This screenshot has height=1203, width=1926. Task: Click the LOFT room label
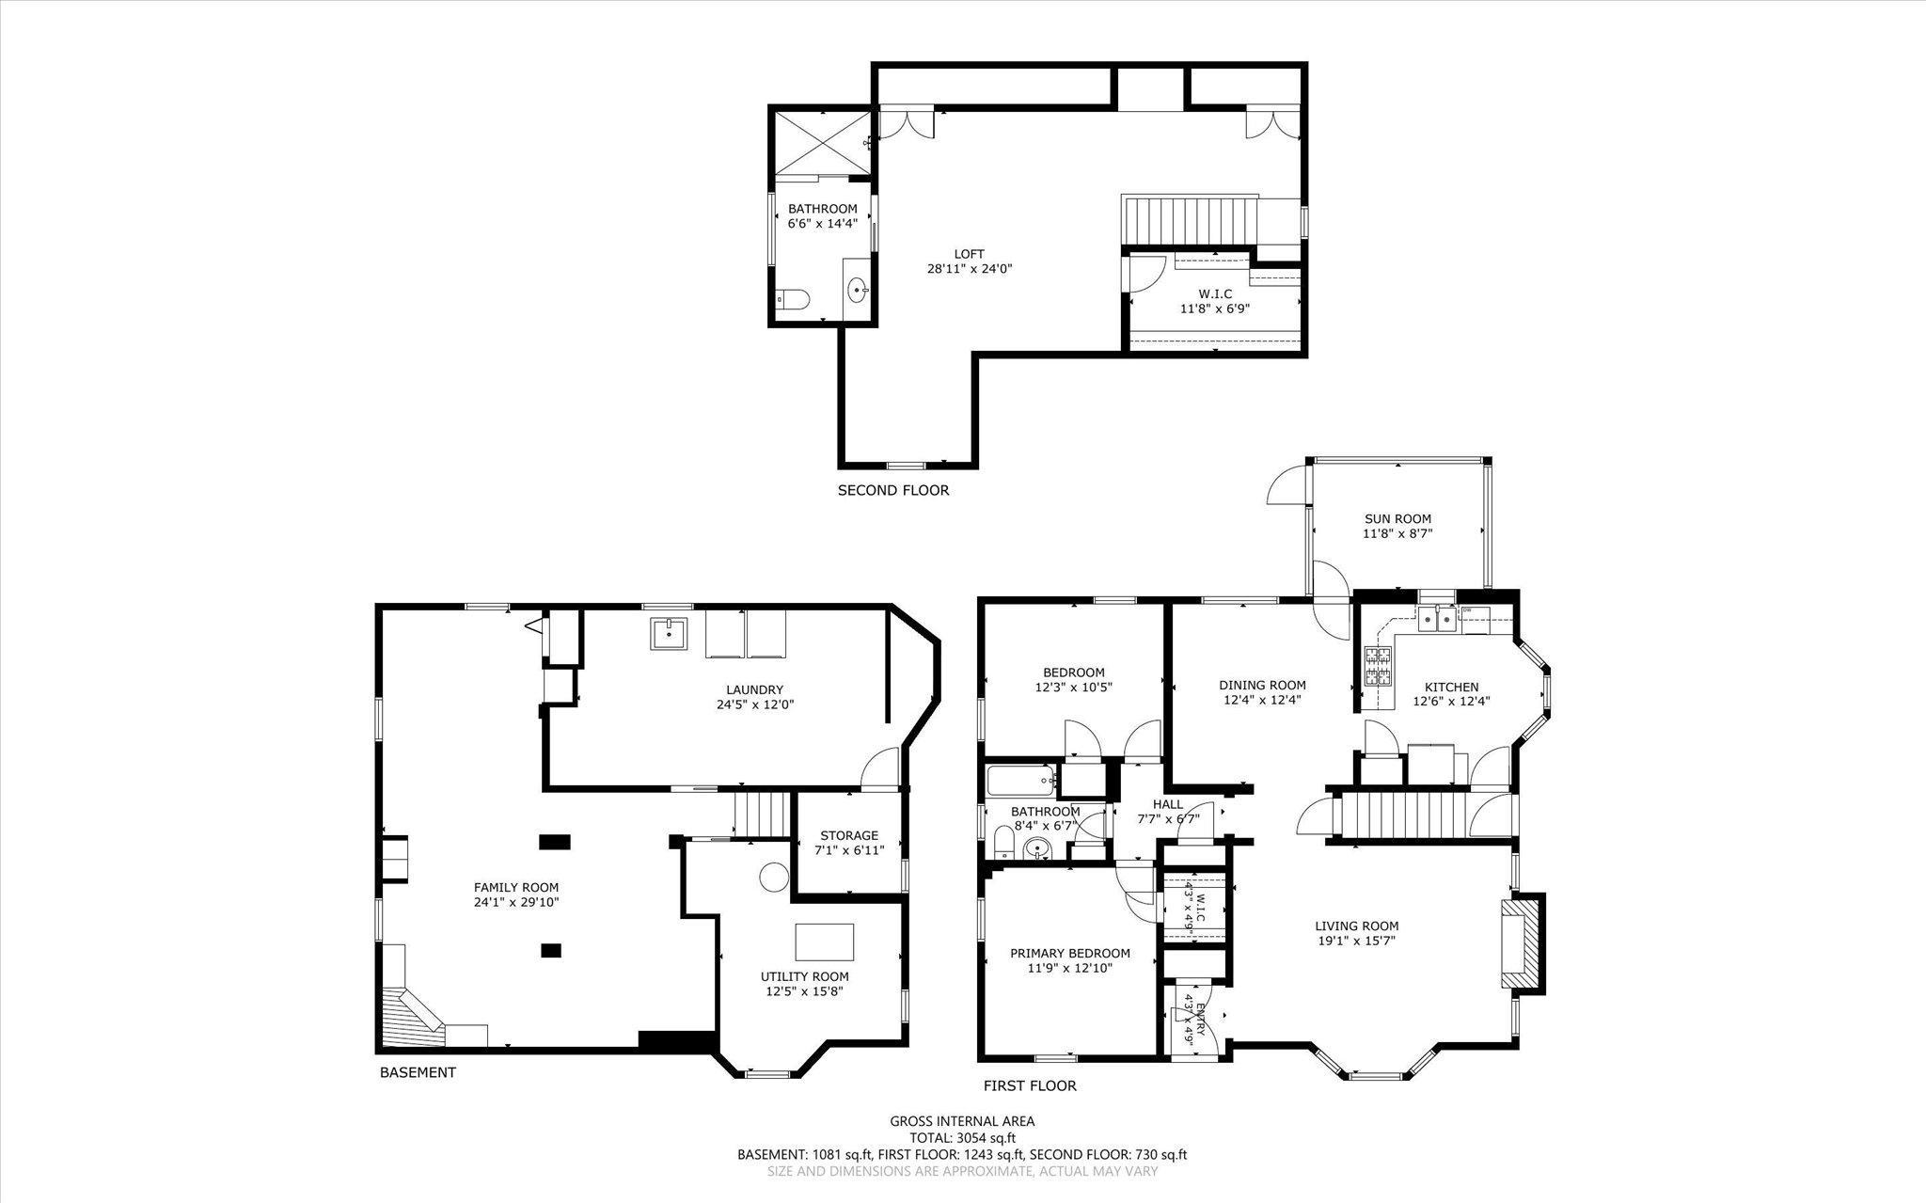(x=970, y=254)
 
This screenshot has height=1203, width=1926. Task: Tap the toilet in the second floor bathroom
(x=794, y=300)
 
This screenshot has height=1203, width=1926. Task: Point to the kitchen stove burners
(x=1378, y=666)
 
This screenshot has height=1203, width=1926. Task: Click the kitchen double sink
(x=1438, y=618)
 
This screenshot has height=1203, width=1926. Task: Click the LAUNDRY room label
(x=754, y=689)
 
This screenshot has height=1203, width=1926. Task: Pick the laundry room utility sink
(x=669, y=634)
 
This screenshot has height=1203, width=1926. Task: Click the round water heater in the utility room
(x=774, y=878)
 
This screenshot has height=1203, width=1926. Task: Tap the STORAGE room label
(x=849, y=835)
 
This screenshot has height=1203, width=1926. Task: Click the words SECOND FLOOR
(x=893, y=490)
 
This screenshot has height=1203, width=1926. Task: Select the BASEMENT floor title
(x=418, y=1072)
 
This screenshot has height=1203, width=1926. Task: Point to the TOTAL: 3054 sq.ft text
(x=962, y=1137)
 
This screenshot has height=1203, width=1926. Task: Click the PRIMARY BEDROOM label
(x=1070, y=953)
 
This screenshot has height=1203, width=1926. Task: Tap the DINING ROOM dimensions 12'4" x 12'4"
(x=1262, y=700)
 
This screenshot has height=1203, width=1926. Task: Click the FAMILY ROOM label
(x=516, y=887)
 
